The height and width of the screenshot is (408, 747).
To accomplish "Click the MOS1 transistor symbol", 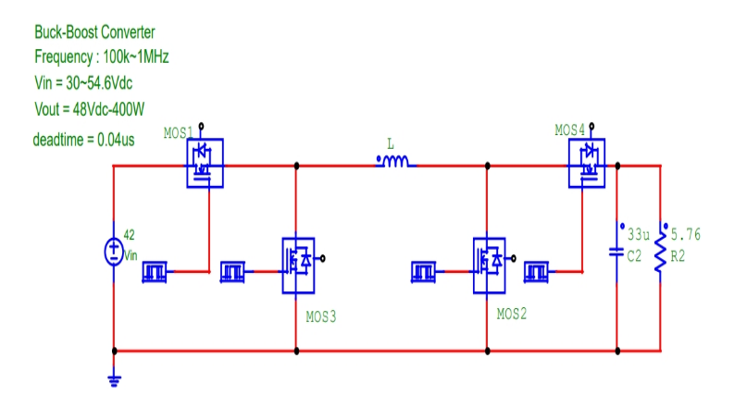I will pyautogui.click(x=205, y=164).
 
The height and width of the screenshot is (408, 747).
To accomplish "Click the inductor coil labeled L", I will pyautogui.click(x=395, y=163).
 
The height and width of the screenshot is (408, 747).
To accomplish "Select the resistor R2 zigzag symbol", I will pyautogui.click(x=659, y=252).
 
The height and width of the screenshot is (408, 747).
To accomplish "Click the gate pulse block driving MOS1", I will pyautogui.click(x=156, y=271).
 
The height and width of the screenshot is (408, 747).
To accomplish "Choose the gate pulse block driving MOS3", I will pyautogui.click(x=234, y=271).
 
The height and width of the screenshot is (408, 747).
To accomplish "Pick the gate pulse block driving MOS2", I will pyautogui.click(x=424, y=271).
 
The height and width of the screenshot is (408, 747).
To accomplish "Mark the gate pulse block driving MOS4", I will pyautogui.click(x=537, y=271).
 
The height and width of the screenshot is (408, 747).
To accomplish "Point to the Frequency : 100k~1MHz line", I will pyautogui.click(x=101, y=56).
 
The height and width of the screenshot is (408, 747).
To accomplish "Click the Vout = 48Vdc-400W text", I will pyautogui.click(x=89, y=108).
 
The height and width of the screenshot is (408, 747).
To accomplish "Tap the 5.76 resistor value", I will pyautogui.click(x=686, y=234).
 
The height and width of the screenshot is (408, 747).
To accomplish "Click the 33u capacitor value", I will pyautogui.click(x=639, y=234).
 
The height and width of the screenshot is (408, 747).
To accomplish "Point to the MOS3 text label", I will pyautogui.click(x=321, y=315).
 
